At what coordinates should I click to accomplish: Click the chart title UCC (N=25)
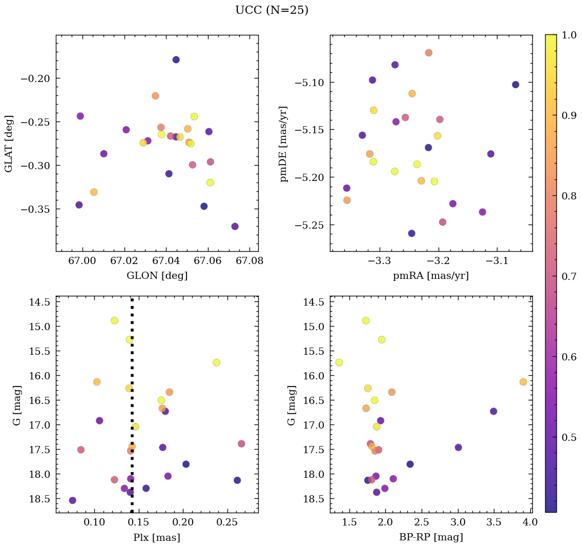click(x=272, y=10)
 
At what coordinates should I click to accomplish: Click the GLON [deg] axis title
click(x=157, y=276)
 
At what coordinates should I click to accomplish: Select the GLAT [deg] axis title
click(x=9, y=144)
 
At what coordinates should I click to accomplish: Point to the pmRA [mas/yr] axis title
click(x=430, y=276)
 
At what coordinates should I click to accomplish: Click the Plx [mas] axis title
click(x=157, y=537)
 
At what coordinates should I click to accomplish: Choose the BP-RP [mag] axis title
click(x=430, y=537)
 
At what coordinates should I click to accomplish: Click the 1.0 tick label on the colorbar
click(x=569, y=35)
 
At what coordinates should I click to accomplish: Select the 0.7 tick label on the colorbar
click(x=569, y=276)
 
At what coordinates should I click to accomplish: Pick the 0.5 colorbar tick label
click(x=569, y=437)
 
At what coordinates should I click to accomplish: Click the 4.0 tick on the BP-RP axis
click(x=530, y=522)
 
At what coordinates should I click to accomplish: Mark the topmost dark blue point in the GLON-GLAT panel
click(x=176, y=59)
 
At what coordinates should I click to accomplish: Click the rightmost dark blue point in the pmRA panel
click(x=515, y=85)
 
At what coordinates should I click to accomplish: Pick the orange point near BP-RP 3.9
click(x=523, y=382)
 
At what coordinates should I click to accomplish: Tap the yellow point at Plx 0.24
click(x=216, y=362)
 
